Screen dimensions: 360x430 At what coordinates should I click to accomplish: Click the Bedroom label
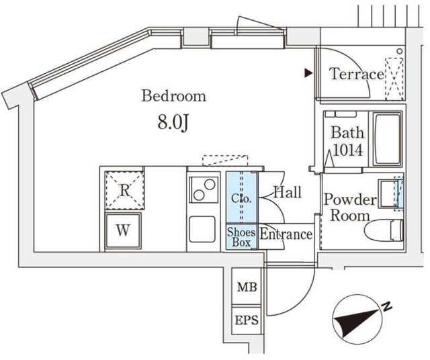point(173,96)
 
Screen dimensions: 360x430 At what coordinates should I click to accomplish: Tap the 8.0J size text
point(172,123)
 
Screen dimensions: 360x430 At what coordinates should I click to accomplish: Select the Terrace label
point(356,74)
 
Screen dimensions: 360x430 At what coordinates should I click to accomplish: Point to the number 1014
point(347,150)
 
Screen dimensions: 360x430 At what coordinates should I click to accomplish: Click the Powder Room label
point(349,208)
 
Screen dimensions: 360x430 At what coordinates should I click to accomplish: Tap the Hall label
point(287,193)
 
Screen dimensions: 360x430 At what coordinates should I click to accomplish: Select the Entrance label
point(286,235)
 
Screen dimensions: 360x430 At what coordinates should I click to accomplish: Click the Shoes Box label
point(241,236)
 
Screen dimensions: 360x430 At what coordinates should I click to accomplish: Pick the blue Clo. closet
point(241,197)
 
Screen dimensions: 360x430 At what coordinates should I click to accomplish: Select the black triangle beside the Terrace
point(308,73)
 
